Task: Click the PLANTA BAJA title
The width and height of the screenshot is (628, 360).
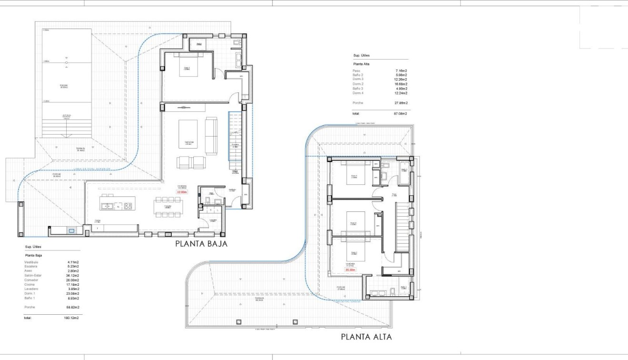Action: tap(201, 244)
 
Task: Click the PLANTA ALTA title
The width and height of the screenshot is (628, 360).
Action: tap(366, 337)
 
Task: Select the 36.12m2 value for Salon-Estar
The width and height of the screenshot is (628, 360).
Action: tap(72, 276)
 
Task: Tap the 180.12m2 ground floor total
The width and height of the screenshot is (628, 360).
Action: tap(71, 317)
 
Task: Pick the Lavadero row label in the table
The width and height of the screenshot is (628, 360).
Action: tap(32, 289)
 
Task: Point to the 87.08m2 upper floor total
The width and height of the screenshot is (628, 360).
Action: tap(400, 114)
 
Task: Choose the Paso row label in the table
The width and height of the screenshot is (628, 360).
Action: tap(357, 70)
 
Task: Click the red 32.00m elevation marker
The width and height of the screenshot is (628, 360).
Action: tap(182, 192)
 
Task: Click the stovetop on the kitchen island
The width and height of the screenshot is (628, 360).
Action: tap(128, 206)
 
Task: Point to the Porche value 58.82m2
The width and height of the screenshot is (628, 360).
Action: tap(72, 308)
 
